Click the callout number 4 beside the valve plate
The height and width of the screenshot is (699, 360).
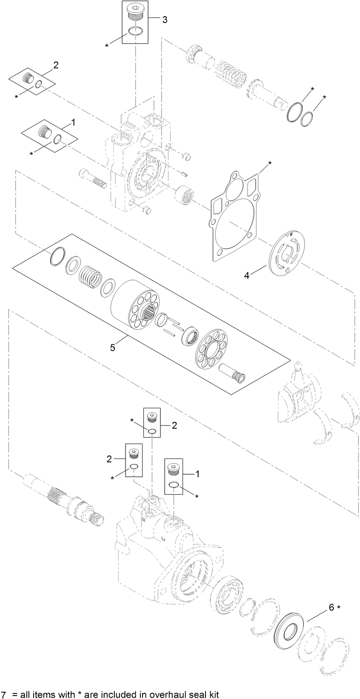coord(247,275)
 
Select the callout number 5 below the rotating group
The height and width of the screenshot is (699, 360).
coord(112,348)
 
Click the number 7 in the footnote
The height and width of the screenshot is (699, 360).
coord(4,694)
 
